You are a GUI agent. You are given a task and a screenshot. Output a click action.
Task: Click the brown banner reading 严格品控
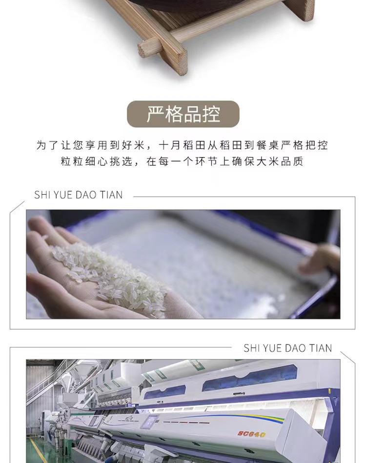tap(183, 114)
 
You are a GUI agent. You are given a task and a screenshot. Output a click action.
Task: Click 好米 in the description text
tap(134, 145)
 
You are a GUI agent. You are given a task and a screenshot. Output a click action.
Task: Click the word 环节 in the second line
tap(206, 161)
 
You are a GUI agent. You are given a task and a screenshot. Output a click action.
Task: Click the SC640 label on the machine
tap(252, 434)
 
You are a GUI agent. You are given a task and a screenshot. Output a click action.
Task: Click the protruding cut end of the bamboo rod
tap(145, 48)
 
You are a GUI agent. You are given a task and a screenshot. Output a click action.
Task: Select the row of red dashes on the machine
tap(186, 422)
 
